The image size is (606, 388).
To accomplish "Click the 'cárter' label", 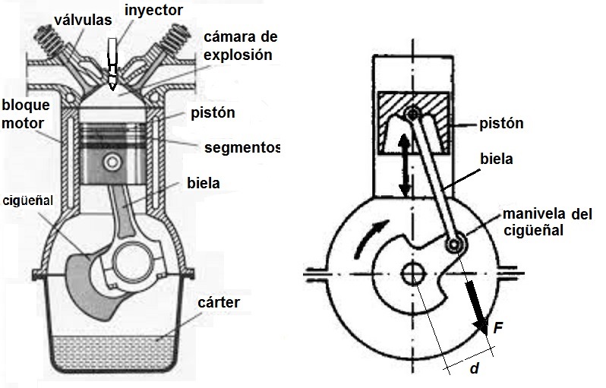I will tap(219, 302).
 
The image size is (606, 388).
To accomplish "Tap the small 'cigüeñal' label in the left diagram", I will tap(28, 200).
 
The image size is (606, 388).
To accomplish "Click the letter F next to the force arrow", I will tap(498, 328).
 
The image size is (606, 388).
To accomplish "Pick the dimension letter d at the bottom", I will tap(472, 369).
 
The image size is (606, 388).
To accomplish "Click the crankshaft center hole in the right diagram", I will tap(414, 273).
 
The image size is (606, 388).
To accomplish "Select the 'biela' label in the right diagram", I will tap(496, 159).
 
